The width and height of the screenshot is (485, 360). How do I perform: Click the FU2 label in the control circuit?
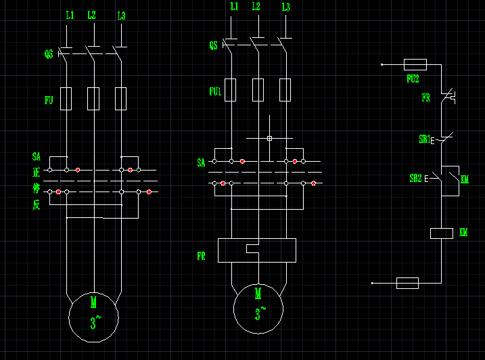tap(413, 78)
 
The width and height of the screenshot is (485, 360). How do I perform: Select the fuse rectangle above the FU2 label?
tap(415, 64)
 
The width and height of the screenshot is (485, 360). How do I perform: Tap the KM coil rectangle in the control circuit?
tap(441, 233)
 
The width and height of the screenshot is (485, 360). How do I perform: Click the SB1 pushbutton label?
tap(425, 139)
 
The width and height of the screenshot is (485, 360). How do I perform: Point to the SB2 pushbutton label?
tap(415, 179)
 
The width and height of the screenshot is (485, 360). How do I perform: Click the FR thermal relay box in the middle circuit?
tap(256, 250)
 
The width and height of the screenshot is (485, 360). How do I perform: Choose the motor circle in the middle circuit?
tap(258, 309)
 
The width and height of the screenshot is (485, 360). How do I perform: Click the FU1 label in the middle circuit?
tap(215, 91)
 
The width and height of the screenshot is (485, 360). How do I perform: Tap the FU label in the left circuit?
tap(49, 100)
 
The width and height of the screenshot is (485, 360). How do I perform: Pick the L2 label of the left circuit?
tap(92, 15)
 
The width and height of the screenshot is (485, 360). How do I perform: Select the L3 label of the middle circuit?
tap(285, 7)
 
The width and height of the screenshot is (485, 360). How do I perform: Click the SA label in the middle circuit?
tap(201, 162)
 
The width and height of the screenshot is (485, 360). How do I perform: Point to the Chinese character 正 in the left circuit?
tap(36, 173)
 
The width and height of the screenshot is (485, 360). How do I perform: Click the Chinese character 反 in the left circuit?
tap(36, 204)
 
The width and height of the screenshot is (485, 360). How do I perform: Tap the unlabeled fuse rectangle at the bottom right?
tap(407, 283)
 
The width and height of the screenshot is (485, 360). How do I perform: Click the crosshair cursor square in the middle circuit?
tap(269, 138)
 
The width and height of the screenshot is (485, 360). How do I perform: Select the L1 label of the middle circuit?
tap(234, 6)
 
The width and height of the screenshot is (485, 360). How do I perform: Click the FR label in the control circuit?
tap(425, 97)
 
